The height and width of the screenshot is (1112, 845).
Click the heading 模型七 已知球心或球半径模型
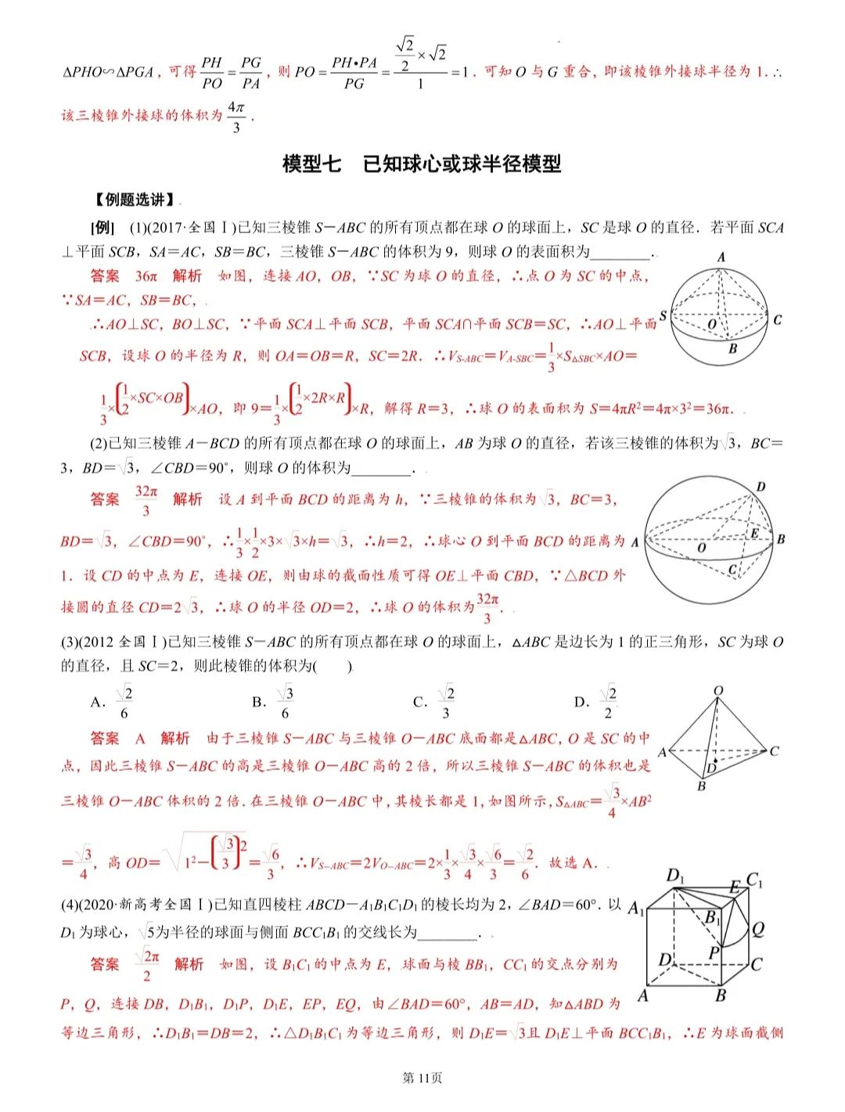(x=422, y=164)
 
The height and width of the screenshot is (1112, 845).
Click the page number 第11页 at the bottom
(x=422, y=1078)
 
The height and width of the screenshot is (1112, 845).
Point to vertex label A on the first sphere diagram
(x=721, y=257)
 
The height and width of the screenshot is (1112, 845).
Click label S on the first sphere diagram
(x=663, y=315)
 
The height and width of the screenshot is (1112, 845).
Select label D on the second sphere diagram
(x=760, y=487)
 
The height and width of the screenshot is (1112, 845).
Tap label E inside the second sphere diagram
(x=754, y=534)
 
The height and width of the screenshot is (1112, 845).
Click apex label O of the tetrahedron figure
(x=718, y=691)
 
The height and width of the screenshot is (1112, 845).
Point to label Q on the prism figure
(x=757, y=929)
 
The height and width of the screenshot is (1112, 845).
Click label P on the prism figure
(x=714, y=952)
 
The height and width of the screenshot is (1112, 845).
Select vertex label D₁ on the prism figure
(x=675, y=875)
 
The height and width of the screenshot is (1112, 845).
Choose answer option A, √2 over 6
(x=113, y=702)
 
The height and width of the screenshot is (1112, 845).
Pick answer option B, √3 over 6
(x=275, y=702)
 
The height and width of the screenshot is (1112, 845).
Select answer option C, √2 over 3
(x=435, y=702)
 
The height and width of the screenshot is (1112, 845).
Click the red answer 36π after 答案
(x=146, y=275)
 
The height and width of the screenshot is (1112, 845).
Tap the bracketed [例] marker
(x=102, y=228)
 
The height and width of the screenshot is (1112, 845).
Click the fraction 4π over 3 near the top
(x=236, y=116)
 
